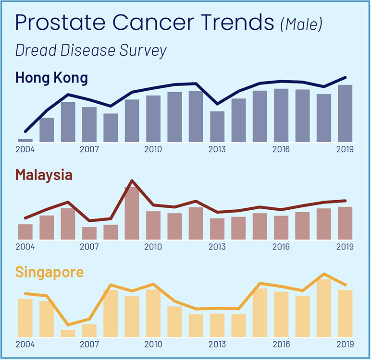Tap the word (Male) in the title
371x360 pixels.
click(x=301, y=24)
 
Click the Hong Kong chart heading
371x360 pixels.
click(x=51, y=78)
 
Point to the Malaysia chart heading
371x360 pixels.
click(x=44, y=175)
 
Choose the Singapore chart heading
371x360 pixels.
click(x=49, y=272)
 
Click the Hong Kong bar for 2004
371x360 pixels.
click(x=25, y=140)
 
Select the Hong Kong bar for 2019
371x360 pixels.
click(x=345, y=113)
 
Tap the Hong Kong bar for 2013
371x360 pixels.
click(x=217, y=126)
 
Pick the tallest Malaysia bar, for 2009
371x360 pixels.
click(x=132, y=213)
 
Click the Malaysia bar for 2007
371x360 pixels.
click(x=89, y=233)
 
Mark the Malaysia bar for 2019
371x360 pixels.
click(x=345, y=223)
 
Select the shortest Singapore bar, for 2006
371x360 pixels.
click(x=68, y=334)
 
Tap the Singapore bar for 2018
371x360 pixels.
click(x=324, y=308)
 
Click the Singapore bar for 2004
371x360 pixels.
click(x=25, y=318)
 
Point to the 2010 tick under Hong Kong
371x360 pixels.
click(x=153, y=149)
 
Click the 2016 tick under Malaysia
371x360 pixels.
click(x=281, y=247)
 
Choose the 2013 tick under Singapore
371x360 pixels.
click(x=217, y=344)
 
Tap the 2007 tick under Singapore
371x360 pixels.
click(x=89, y=344)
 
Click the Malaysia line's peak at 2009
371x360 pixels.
click(x=132, y=181)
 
